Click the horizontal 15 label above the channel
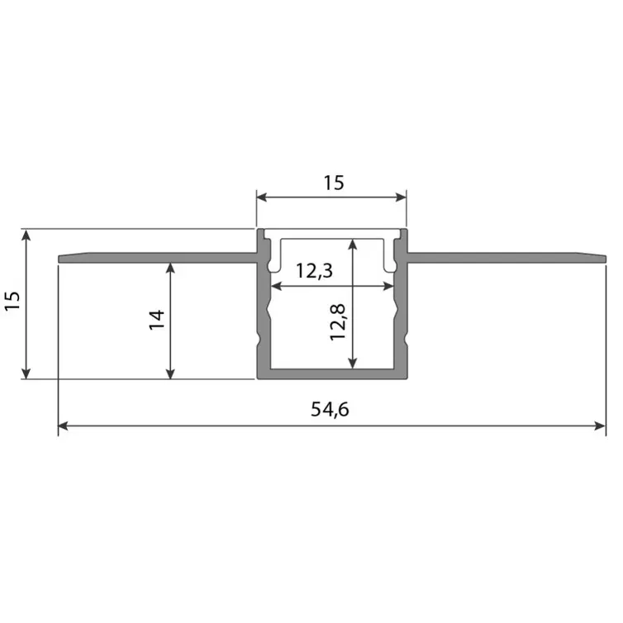click(x=332, y=183)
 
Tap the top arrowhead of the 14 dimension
click(x=171, y=268)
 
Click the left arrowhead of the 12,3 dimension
click(x=276, y=287)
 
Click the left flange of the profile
click(x=157, y=258)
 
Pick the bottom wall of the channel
click(x=332, y=373)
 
